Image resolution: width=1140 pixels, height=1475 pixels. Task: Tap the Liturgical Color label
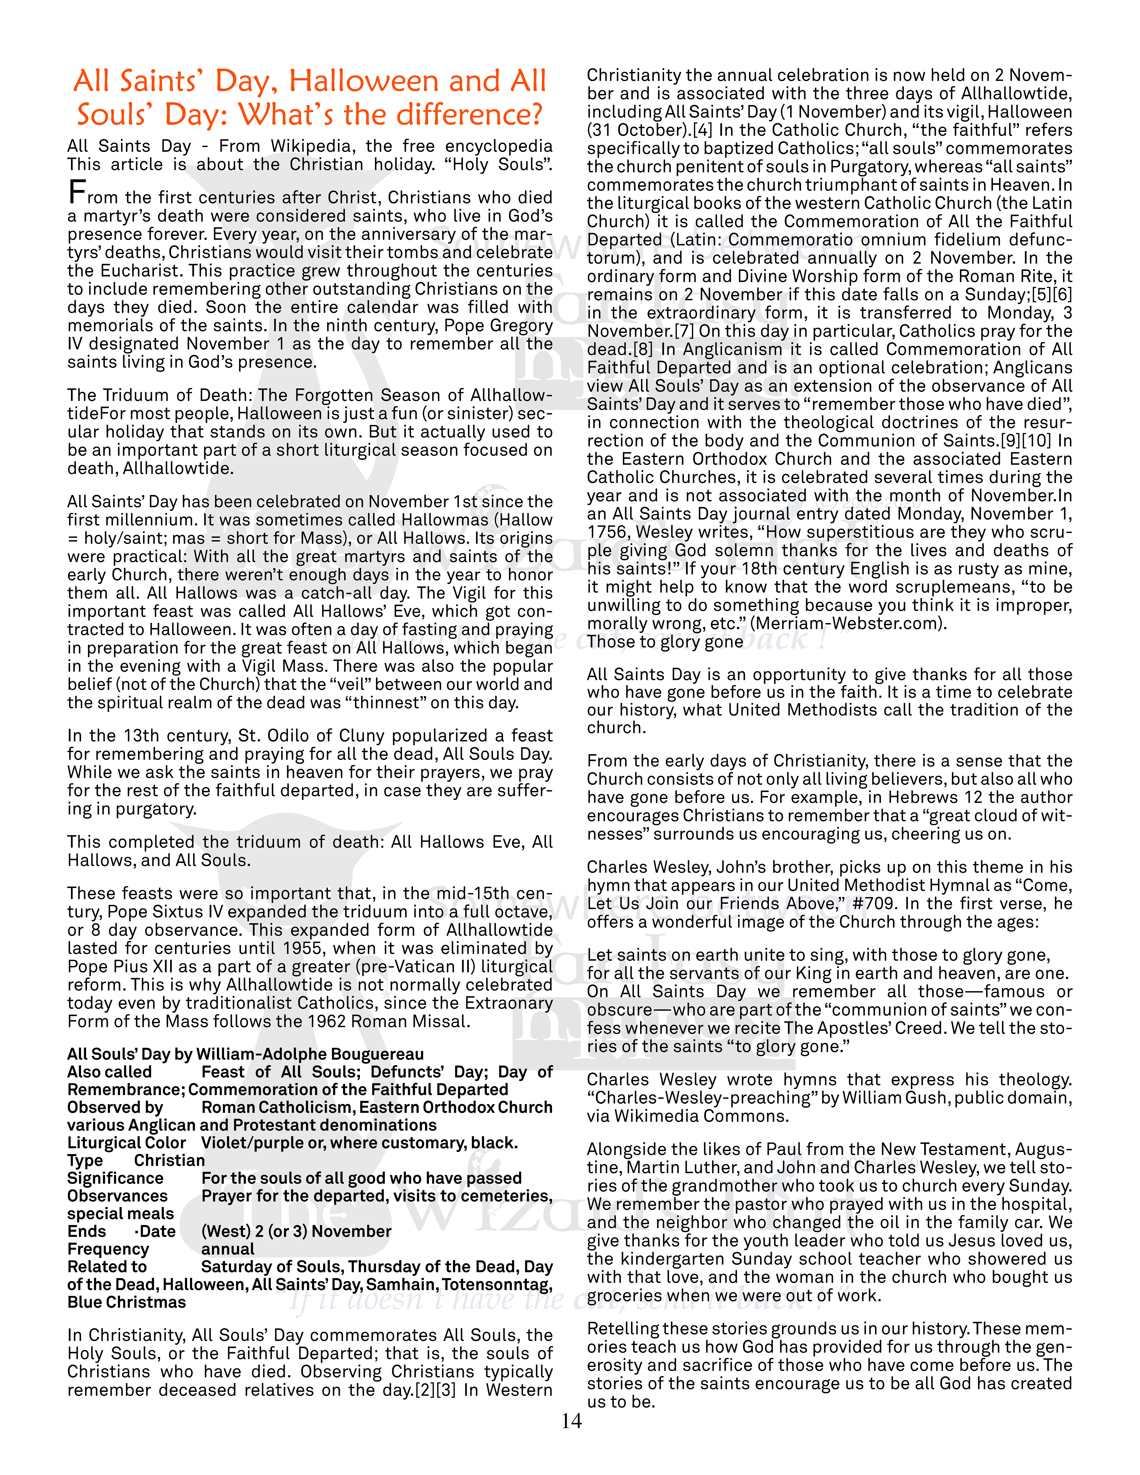pos(126,1143)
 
